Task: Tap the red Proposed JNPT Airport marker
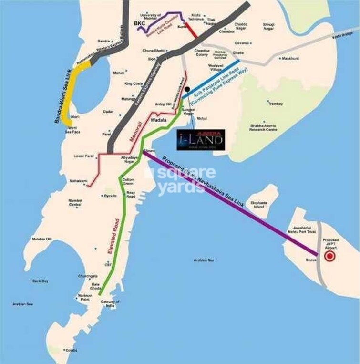pyautogui.click(x=329, y=257)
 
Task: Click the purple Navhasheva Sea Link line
pyautogui.click(x=229, y=203)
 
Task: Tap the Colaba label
pyautogui.click(x=72, y=350)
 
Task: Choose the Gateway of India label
pyautogui.click(x=110, y=304)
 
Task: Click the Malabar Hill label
pyautogui.click(x=41, y=239)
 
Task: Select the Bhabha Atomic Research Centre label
pyautogui.click(x=264, y=127)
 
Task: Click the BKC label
pyautogui.click(x=140, y=23)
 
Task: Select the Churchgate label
pyautogui.click(x=88, y=276)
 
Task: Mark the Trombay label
pyautogui.click(x=276, y=104)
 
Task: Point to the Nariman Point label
pyautogui.click(x=84, y=297)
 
